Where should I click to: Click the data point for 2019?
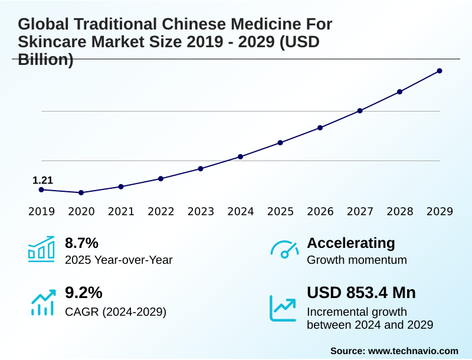click(41, 189)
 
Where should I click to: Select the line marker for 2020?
click(81, 192)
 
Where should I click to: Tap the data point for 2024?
click(241, 156)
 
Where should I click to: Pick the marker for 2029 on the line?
click(440, 71)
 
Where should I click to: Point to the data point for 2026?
click(320, 127)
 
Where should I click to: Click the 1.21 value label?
click(42, 180)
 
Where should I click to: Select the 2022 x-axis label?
click(161, 211)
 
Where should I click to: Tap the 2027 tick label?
click(360, 211)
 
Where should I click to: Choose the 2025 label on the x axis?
click(280, 211)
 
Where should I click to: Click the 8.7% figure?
click(81, 243)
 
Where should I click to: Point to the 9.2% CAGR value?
click(83, 293)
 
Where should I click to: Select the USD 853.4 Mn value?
click(361, 293)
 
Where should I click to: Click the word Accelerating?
click(351, 243)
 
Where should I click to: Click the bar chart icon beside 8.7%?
click(41, 250)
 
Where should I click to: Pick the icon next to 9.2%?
click(42, 302)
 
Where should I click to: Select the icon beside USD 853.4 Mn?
click(283, 307)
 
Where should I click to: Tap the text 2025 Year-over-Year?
click(119, 260)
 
